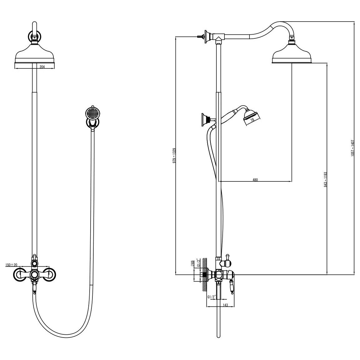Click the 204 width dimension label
(x=42, y=67)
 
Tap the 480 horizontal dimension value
(x=255, y=180)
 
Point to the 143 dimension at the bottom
(x=225, y=305)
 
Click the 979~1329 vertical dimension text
(x=174, y=156)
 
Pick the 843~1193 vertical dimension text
(x=325, y=179)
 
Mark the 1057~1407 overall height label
(x=353, y=149)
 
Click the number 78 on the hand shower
(x=252, y=120)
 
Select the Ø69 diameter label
(x=193, y=263)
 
